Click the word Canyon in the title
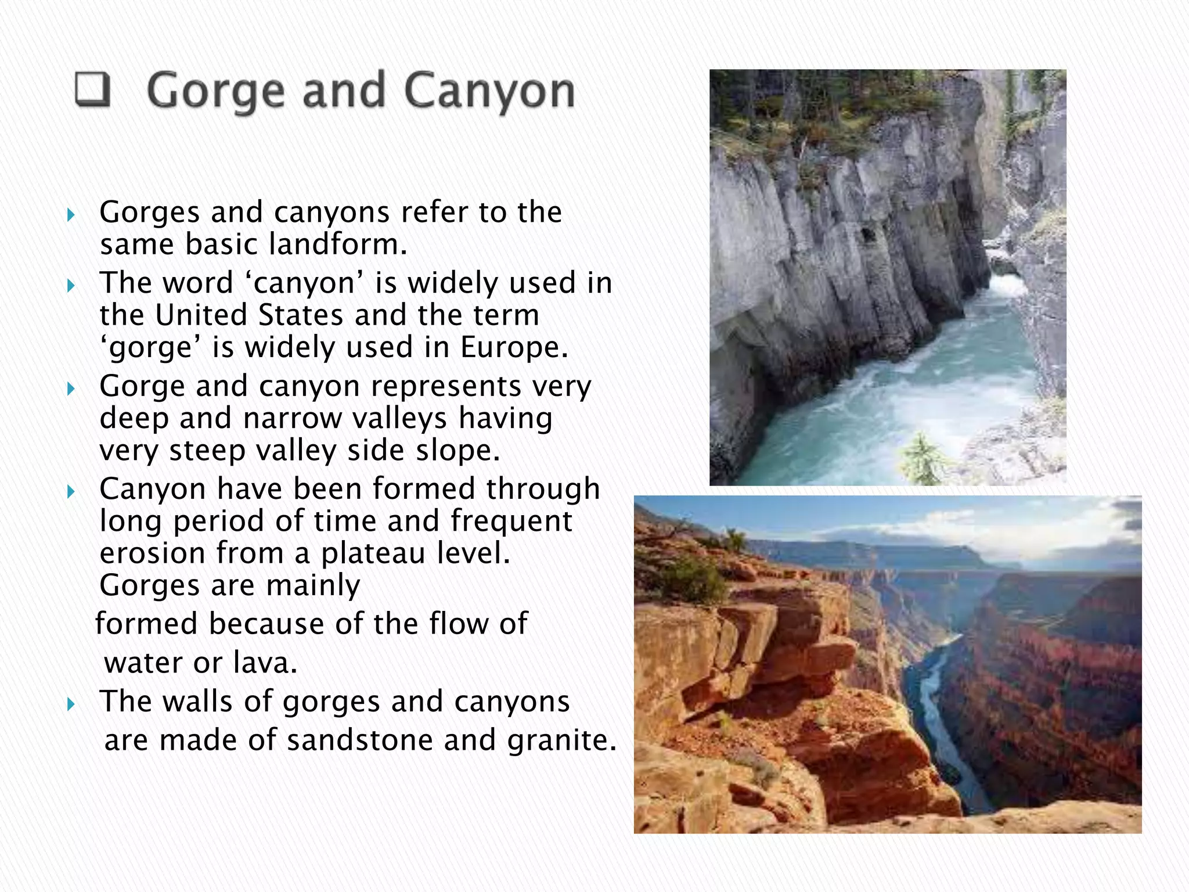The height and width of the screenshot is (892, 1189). coord(489,92)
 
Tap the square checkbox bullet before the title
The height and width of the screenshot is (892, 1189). coord(93,91)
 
